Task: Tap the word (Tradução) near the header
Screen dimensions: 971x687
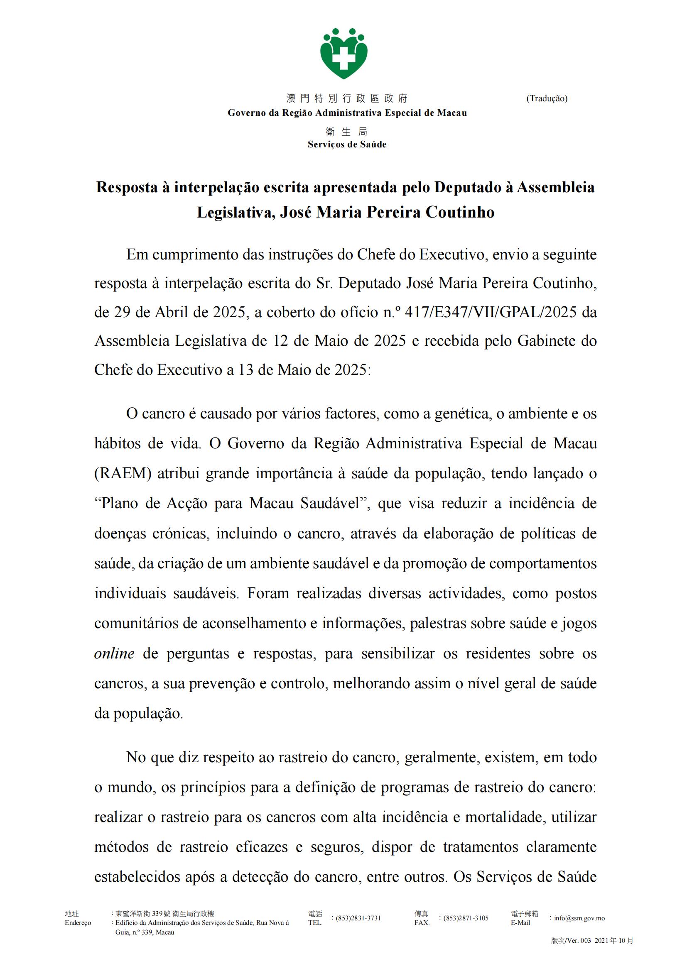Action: point(547,98)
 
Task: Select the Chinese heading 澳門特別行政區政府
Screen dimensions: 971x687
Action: point(347,98)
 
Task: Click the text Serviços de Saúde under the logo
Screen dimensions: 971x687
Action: point(347,144)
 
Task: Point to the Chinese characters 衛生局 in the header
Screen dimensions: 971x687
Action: point(347,132)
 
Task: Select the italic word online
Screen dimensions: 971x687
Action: point(114,653)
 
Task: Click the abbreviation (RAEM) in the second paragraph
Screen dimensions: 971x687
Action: point(123,473)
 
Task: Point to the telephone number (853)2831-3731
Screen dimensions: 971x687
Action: point(358,918)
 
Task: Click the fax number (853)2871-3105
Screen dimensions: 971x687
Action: point(466,918)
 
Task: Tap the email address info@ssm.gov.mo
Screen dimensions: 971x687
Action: point(579,918)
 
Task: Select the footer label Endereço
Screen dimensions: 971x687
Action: point(78,923)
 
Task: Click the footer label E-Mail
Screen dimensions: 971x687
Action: point(520,923)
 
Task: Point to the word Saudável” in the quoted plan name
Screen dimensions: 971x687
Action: point(336,503)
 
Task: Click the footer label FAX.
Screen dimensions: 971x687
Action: point(422,923)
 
